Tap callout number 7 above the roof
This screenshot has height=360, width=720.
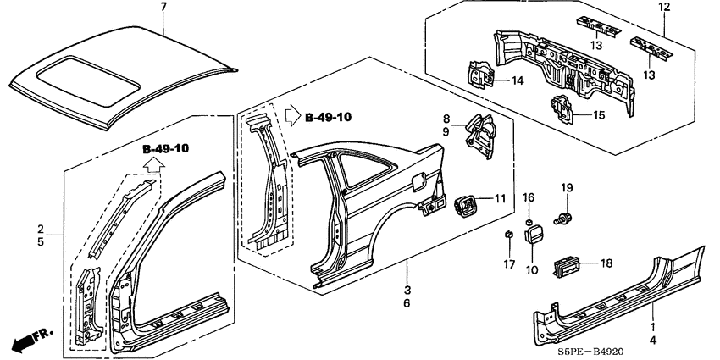tap(163, 8)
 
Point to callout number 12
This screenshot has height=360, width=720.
tap(663, 8)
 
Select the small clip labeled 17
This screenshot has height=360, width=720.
tap(507, 234)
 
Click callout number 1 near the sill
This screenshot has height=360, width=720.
tap(652, 326)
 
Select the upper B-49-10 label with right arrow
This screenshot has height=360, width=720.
tap(324, 117)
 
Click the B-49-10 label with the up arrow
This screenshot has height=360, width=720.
tap(166, 149)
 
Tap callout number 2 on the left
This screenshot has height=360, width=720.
tap(40, 229)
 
